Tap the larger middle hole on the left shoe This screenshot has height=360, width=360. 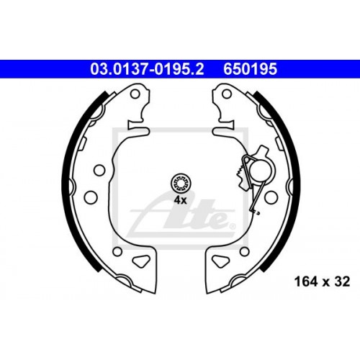tap(91, 196)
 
